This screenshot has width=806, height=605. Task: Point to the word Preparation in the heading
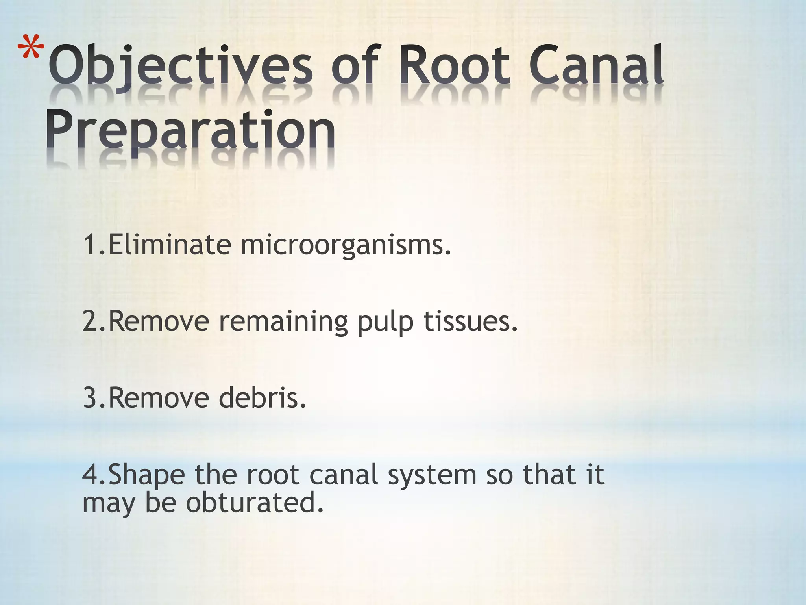pos(190,130)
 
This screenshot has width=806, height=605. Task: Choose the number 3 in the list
pos(90,398)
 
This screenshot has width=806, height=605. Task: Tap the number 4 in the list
pos(90,475)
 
